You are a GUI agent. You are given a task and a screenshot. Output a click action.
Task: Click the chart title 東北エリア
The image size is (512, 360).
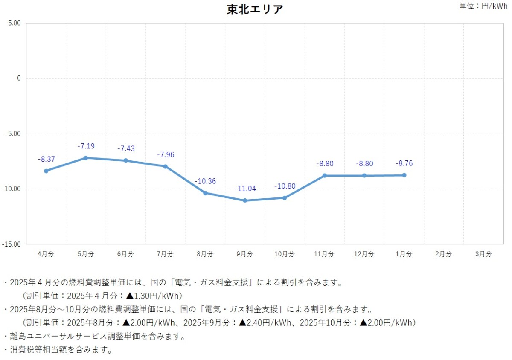click(255, 9)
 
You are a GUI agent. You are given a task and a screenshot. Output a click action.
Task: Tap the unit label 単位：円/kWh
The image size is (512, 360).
click(483, 6)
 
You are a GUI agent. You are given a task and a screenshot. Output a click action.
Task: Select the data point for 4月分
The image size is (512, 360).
click(46, 171)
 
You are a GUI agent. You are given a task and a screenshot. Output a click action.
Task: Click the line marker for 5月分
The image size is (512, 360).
click(86, 158)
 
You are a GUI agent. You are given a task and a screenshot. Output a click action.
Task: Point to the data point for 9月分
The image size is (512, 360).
click(245, 200)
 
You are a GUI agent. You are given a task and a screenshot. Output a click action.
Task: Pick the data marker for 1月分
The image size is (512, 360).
click(404, 175)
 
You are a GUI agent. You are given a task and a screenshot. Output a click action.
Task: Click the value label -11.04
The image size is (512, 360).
click(245, 189)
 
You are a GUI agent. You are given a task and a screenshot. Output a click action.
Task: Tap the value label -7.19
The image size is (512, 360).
click(86, 146)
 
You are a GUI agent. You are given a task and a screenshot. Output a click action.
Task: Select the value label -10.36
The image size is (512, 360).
click(205, 181)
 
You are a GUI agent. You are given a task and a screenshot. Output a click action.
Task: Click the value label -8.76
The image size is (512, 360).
click(404, 163)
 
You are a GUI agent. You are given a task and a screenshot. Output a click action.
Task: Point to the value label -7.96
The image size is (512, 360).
click(166, 155)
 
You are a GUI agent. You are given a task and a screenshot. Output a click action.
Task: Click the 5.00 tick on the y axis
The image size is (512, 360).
click(14, 23)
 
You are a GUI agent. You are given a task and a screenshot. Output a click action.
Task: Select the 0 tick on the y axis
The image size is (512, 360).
click(19, 78)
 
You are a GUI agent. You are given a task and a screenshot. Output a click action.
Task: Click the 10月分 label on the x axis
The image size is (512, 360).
click(285, 254)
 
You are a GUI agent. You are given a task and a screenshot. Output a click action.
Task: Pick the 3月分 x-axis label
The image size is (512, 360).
click(483, 254)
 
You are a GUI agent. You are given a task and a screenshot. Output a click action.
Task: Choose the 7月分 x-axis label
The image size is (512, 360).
click(165, 254)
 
